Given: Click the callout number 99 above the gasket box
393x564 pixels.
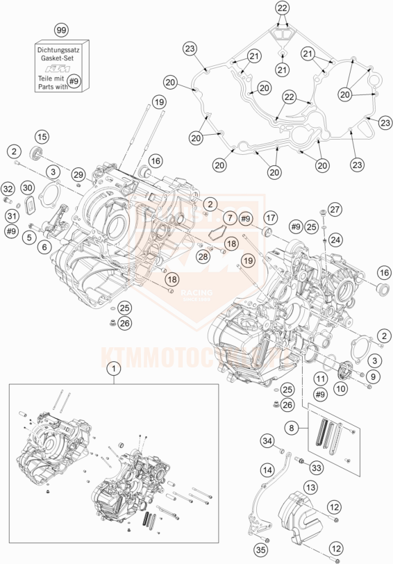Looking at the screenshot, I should point(61,31).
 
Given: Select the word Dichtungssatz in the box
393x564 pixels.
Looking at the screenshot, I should point(61,50).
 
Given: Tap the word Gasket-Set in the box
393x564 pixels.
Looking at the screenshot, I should point(61,60).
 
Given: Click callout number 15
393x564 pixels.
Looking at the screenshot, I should point(42,136).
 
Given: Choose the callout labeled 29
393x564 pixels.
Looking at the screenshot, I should point(77,174).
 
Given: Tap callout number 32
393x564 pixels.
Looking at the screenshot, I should point(8,189).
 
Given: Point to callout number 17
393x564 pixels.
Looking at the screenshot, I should point(270,217).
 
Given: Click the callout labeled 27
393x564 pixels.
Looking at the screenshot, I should point(335,209).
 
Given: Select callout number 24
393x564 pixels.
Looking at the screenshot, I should point(335,240).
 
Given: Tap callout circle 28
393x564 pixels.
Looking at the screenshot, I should point(202,257).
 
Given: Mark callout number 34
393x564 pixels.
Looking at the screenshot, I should point(267,440).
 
